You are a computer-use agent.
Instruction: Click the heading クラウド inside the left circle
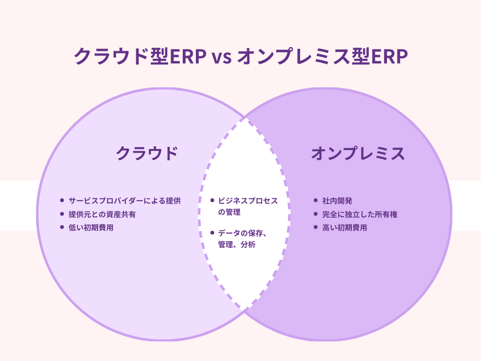click(x=147, y=154)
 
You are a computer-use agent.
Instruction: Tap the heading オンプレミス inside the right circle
click(x=358, y=154)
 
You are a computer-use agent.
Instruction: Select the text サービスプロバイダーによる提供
click(x=124, y=201)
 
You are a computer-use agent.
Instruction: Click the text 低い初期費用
click(x=91, y=228)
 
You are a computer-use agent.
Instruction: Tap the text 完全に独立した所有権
click(x=360, y=214)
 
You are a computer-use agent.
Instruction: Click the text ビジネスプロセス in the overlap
click(x=248, y=201)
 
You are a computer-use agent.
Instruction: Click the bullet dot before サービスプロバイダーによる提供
click(x=62, y=200)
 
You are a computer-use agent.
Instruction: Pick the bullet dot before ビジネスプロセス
click(x=212, y=200)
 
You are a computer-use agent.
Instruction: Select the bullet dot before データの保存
click(x=212, y=232)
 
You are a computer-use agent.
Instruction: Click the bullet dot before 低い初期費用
click(x=62, y=228)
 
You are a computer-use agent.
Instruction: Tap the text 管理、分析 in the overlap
click(x=237, y=244)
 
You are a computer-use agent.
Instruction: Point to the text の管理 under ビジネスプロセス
click(x=229, y=212)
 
